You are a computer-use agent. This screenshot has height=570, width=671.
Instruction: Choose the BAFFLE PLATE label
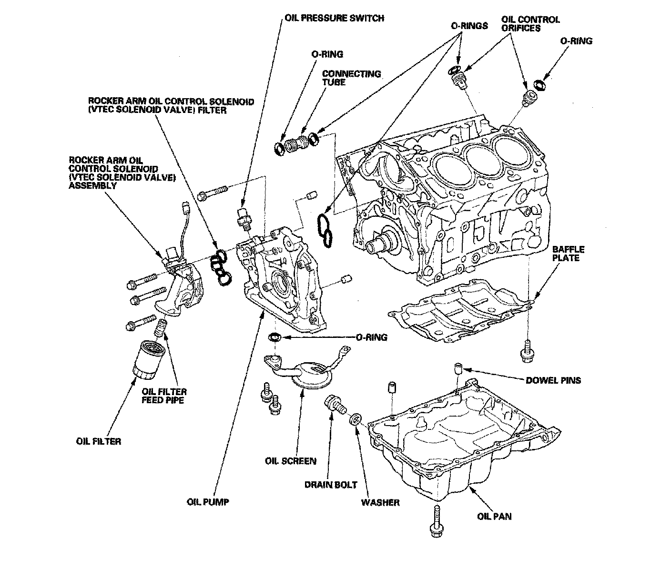(x=568, y=254)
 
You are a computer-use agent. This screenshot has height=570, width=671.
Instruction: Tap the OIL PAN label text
(x=494, y=516)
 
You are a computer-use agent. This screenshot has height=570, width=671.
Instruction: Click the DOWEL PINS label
(x=553, y=380)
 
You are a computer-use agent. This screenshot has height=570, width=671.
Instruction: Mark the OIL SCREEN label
(x=290, y=461)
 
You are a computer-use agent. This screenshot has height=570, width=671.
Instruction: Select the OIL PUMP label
(x=208, y=502)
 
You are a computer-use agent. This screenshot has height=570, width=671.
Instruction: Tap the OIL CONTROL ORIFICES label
(x=530, y=24)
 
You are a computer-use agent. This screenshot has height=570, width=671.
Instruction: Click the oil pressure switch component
(x=243, y=218)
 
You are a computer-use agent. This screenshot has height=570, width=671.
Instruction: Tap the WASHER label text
(x=380, y=502)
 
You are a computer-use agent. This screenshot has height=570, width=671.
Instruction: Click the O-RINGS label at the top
(x=469, y=26)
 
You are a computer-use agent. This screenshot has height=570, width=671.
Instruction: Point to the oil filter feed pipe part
(x=161, y=328)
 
